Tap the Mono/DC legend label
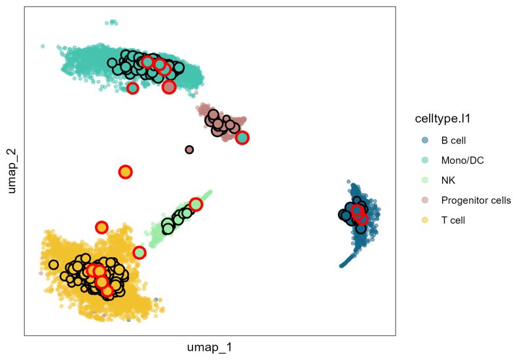(462, 160)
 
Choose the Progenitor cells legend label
(476, 200)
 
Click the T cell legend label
(453, 220)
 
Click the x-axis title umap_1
(210, 348)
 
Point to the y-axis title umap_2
(11, 171)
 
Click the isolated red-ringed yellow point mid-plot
(125, 172)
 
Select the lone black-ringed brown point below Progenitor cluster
(189, 150)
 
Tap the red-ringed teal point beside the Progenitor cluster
(242, 137)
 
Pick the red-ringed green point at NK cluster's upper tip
(195, 204)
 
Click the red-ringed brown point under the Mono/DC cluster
(169, 87)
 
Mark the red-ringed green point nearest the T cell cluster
(140, 253)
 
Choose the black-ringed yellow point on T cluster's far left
(53, 265)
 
